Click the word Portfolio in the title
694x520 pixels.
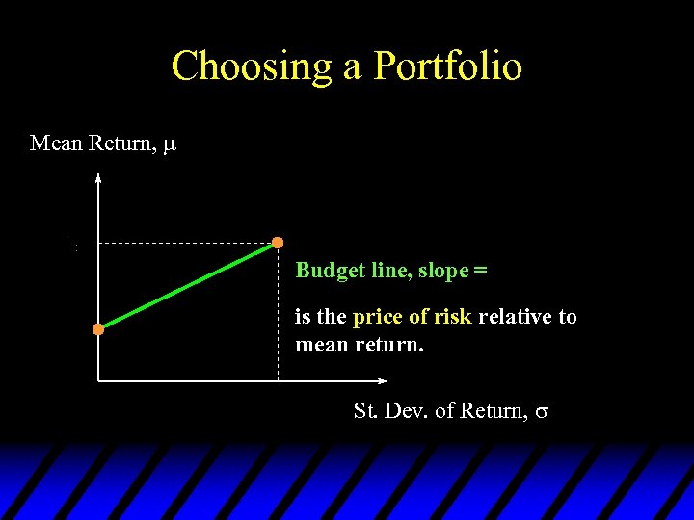pyautogui.click(x=448, y=66)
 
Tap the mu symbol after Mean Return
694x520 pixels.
pyautogui.click(x=170, y=144)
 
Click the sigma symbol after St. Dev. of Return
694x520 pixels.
pyautogui.click(x=542, y=411)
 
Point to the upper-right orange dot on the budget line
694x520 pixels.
pyautogui.click(x=278, y=242)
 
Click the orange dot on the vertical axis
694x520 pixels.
pyautogui.click(x=98, y=329)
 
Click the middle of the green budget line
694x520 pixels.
pyautogui.click(x=188, y=286)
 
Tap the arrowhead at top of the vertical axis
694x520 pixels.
pyautogui.click(x=98, y=176)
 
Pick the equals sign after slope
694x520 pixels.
pyautogui.click(x=480, y=271)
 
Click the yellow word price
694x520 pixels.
pyautogui.click(x=378, y=318)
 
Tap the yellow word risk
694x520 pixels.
pyautogui.click(x=452, y=317)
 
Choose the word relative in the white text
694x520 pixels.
pyautogui.click(x=514, y=317)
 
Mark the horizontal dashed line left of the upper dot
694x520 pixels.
pyautogui.click(x=183, y=243)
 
